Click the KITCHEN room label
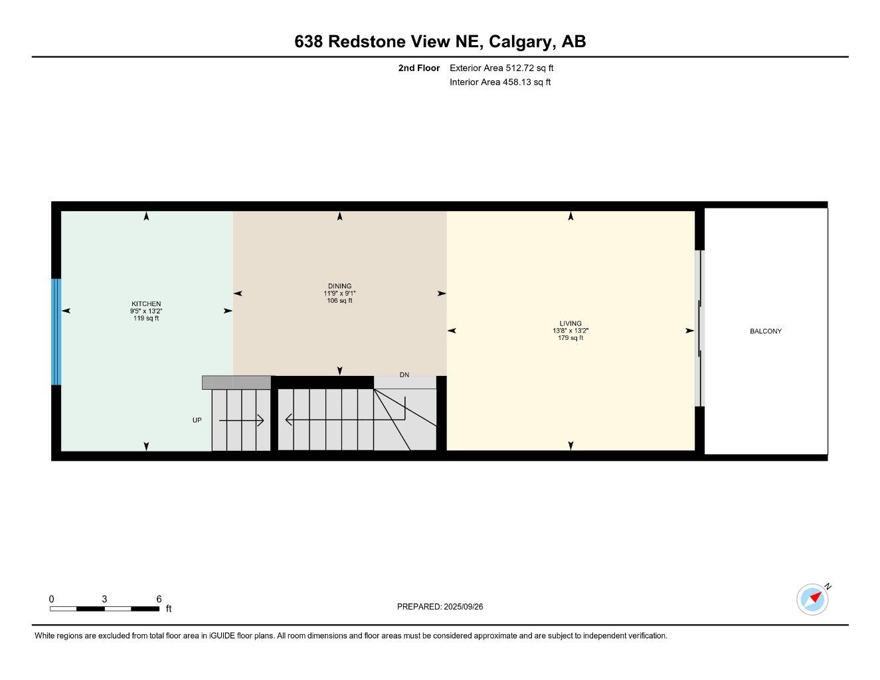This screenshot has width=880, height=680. coord(145,303)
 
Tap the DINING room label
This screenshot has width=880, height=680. coord(339,286)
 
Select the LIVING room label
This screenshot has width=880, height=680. coord(571,323)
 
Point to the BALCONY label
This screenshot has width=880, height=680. coord(766,331)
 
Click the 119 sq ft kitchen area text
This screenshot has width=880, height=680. coord(146,318)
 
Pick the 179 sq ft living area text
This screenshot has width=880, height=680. coord(571,338)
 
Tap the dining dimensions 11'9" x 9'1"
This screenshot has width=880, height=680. coord(339,294)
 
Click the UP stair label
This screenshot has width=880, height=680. coord(197,420)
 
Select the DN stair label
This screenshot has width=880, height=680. coord(404,375)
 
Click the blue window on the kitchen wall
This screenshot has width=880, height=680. coord(56,331)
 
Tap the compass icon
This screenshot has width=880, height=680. coord(812,599)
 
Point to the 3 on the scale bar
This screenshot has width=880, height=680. coord(104,599)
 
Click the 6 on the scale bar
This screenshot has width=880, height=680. coord(159,599)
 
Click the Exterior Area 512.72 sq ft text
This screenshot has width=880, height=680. coord(501,68)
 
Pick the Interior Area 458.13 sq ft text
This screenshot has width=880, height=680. coord(500,82)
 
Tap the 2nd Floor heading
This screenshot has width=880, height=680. coord(419,68)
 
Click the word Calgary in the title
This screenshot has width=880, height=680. coord(522,41)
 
